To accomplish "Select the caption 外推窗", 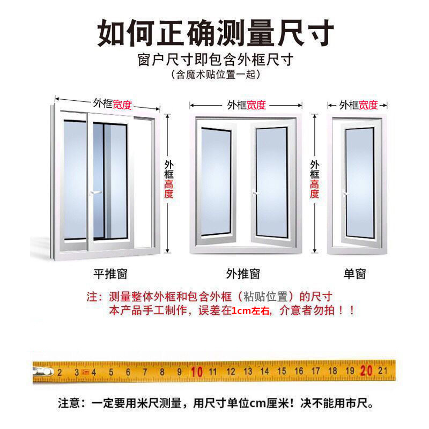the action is pyautogui.click(x=243, y=274).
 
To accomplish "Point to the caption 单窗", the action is pyautogui.click(x=354, y=274).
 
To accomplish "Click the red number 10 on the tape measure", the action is pyautogui.click(x=196, y=371).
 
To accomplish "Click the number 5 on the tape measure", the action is pyautogui.click(x=110, y=371).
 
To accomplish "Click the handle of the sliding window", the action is pyautogui.click(x=95, y=191).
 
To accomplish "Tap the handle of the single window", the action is pyautogui.click(x=345, y=192).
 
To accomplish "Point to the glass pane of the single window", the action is pyautogui.click(x=359, y=182).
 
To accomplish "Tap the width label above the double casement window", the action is pyautogui.click(x=246, y=105).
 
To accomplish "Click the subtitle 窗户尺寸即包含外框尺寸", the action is pyautogui.click(x=214, y=60).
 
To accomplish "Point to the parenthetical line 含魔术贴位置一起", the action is pyautogui.click(x=215, y=75).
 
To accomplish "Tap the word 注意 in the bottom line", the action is pyautogui.click(x=68, y=402).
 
